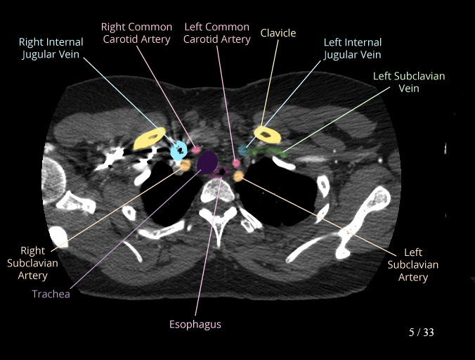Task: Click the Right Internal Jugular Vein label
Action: click(51, 49)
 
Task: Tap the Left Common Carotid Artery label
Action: click(216, 33)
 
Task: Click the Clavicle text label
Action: click(278, 33)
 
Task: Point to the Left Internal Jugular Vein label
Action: click(352, 49)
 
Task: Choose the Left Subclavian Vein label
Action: click(408, 82)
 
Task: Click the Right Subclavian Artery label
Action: click(33, 263)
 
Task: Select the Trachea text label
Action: click(51, 294)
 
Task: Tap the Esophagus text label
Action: click(195, 324)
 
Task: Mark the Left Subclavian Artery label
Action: click(412, 264)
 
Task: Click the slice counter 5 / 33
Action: click(421, 332)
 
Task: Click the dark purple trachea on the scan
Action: click(207, 163)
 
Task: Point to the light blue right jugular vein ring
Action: click(179, 150)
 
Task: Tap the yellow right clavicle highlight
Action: click(149, 139)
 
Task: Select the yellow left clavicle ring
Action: click(266, 134)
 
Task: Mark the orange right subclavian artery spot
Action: click(185, 165)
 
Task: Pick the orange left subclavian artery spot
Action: click(238, 176)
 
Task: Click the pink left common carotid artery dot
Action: click(237, 163)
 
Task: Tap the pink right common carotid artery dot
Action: click(197, 150)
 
